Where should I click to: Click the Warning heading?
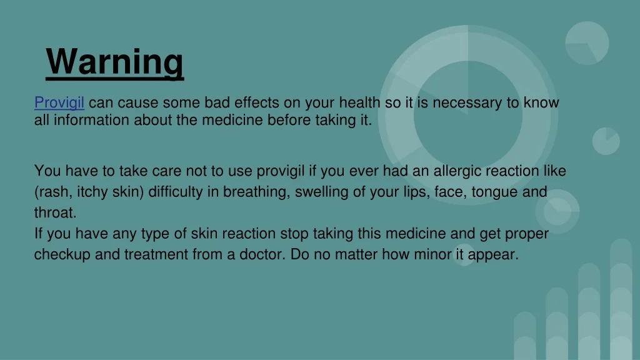click(x=115, y=62)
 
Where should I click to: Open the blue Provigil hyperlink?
click(x=59, y=102)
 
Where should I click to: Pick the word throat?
click(x=55, y=212)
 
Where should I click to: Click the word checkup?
click(x=62, y=255)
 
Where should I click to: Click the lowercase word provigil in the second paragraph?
click(x=281, y=171)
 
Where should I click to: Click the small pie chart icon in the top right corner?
click(x=587, y=43)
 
